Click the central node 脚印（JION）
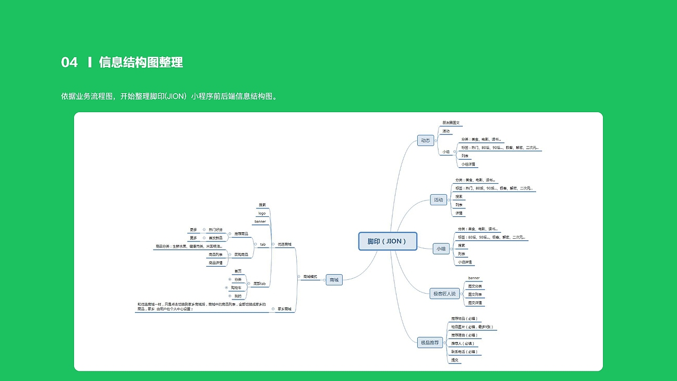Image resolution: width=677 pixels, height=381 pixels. tap(388, 241)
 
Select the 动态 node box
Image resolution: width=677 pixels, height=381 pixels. tap(425, 140)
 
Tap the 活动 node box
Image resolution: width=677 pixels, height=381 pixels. tap(438, 200)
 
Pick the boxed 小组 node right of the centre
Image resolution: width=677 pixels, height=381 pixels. tap(441, 249)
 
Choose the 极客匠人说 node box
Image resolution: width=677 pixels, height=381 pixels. tap(444, 294)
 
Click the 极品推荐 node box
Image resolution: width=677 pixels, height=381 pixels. tap(429, 343)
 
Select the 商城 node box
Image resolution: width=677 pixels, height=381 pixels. tap(334, 280)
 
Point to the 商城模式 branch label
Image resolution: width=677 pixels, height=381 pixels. tap(310, 277)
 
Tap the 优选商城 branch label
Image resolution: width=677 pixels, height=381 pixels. tap(285, 244)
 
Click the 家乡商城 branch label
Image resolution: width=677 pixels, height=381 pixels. tap(285, 309)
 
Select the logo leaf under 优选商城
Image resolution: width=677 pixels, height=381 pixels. tap(262, 213)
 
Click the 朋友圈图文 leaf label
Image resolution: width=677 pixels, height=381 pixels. tap(451, 123)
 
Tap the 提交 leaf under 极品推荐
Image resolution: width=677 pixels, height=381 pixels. tap(454, 360)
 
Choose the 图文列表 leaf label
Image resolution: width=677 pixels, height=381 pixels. tap(474, 294)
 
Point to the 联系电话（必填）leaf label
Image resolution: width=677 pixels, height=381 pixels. tap(464, 352)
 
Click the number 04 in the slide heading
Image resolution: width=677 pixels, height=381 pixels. tap(69, 62)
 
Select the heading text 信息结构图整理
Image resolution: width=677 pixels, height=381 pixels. tap(141, 62)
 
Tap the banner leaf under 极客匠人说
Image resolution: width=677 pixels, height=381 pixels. tap(474, 278)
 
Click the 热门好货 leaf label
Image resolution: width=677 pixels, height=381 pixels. tap(215, 230)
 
